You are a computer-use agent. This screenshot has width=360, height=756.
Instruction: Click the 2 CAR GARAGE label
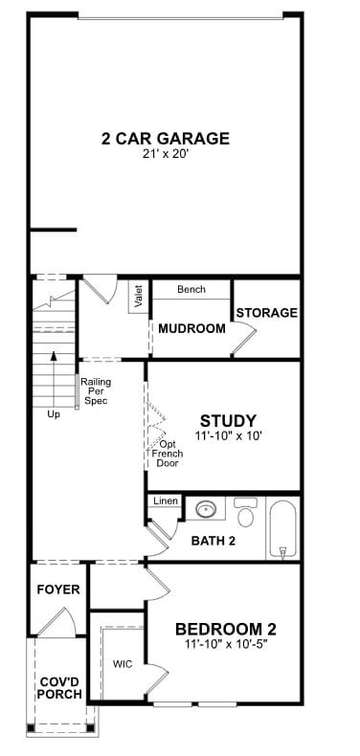(x=166, y=139)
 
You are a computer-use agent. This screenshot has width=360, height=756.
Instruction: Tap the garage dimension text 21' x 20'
(x=166, y=155)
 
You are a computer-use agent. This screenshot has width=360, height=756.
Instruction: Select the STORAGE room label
(x=267, y=312)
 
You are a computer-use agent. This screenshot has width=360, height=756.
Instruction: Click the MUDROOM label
(x=192, y=329)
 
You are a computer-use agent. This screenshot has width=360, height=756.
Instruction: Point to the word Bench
(x=191, y=289)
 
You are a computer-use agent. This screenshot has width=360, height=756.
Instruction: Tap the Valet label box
(x=139, y=297)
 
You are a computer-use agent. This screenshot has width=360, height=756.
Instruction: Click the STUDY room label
(x=228, y=420)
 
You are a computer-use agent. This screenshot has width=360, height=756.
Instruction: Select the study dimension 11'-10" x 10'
(x=228, y=435)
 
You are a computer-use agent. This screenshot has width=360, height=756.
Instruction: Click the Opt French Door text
(x=168, y=454)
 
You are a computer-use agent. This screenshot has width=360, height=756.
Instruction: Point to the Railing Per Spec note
(x=95, y=391)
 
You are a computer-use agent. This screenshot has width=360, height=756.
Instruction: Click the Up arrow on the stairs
(x=54, y=380)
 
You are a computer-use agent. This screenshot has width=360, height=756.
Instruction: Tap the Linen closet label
(x=166, y=501)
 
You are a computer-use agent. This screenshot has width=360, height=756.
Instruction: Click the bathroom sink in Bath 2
(x=206, y=508)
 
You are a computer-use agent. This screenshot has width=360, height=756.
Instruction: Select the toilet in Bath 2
(x=246, y=512)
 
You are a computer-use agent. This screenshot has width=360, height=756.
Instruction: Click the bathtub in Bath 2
(x=283, y=528)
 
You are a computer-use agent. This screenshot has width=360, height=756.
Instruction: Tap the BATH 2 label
(x=214, y=541)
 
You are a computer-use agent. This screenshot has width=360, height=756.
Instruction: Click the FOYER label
(x=58, y=589)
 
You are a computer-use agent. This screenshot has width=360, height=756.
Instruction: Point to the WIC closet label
(x=123, y=664)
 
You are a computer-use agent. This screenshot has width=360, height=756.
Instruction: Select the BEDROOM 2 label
(x=226, y=629)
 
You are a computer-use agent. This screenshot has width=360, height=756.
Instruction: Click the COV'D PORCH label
(x=60, y=688)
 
